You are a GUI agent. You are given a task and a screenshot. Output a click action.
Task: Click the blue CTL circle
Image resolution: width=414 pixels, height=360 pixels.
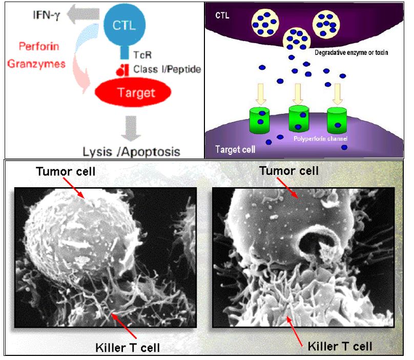pos(126,24)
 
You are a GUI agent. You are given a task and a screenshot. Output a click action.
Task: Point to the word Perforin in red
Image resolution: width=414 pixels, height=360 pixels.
pos(39,47)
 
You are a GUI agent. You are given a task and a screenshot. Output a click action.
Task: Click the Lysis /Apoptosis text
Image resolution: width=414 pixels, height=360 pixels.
pos(131,152)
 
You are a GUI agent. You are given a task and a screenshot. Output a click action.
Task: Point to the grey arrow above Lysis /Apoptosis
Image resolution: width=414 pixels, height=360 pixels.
pos(132,128)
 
